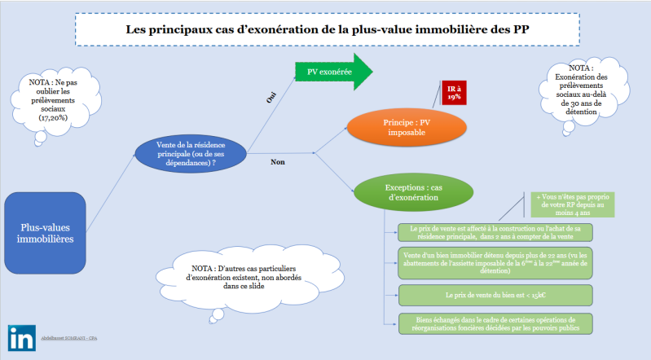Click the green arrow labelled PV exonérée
tap(332, 72)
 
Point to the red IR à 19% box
tap(454, 92)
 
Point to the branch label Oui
tap(273, 97)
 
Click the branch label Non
tap(276, 161)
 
